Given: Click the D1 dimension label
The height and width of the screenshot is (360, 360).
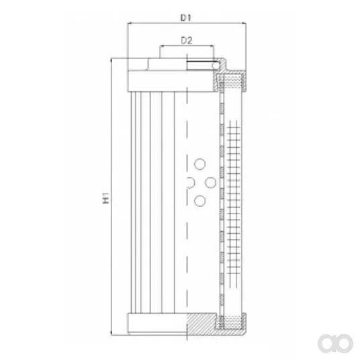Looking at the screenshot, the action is pos(186,17).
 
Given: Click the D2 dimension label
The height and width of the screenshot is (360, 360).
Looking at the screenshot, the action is pos(187,41).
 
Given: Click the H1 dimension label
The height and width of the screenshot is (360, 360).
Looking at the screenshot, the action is pos(105,198).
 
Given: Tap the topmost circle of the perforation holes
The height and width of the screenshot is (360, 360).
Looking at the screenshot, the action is pos(199,164).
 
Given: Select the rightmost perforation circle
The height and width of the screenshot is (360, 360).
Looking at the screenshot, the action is pos(210,183).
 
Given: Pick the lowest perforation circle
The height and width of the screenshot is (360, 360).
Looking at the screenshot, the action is pos(199,201).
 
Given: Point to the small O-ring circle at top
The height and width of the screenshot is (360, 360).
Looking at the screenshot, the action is pos(215,66).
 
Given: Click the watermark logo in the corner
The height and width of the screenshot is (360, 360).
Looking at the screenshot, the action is pos(335,343).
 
